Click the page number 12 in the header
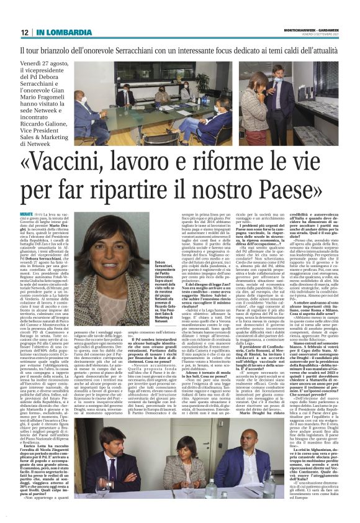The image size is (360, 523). click(24, 31)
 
